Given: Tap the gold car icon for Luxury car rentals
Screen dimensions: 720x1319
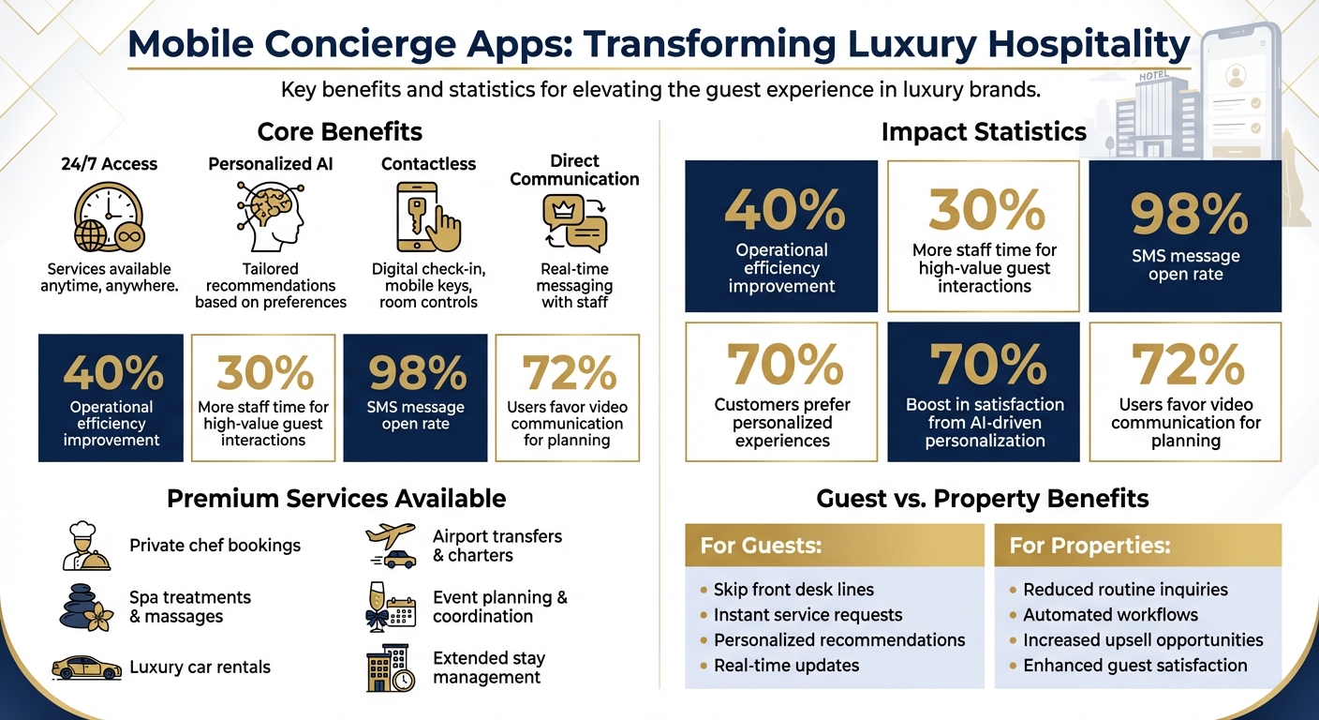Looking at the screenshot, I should tap(86, 667).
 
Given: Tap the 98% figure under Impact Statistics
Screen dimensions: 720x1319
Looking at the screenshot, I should tap(1187, 213).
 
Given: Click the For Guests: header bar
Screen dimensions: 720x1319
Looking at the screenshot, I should tap(834, 545).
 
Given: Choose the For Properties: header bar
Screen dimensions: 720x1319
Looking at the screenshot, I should tap(1137, 545).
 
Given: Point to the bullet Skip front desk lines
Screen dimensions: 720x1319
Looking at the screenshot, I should tap(793, 590).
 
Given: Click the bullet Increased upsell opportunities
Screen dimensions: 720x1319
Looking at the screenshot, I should tap(1142, 640).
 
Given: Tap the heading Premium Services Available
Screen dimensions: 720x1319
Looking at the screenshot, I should tap(335, 498).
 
